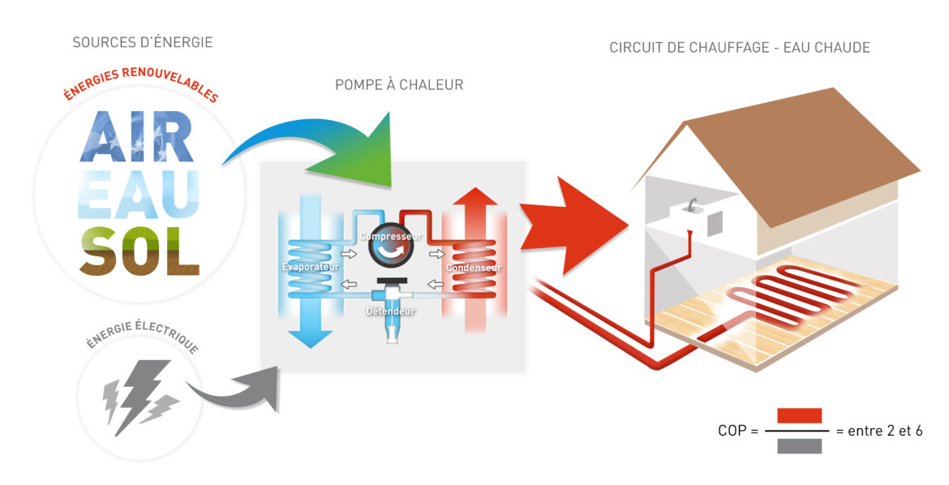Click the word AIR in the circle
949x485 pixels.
[137, 138]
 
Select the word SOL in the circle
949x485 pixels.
[139, 252]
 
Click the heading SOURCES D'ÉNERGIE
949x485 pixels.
[142, 42]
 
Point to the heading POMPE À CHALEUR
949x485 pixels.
[399, 85]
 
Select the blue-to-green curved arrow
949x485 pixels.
[324, 146]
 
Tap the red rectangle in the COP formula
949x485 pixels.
[799, 416]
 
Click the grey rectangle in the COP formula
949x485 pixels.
[799, 445]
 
